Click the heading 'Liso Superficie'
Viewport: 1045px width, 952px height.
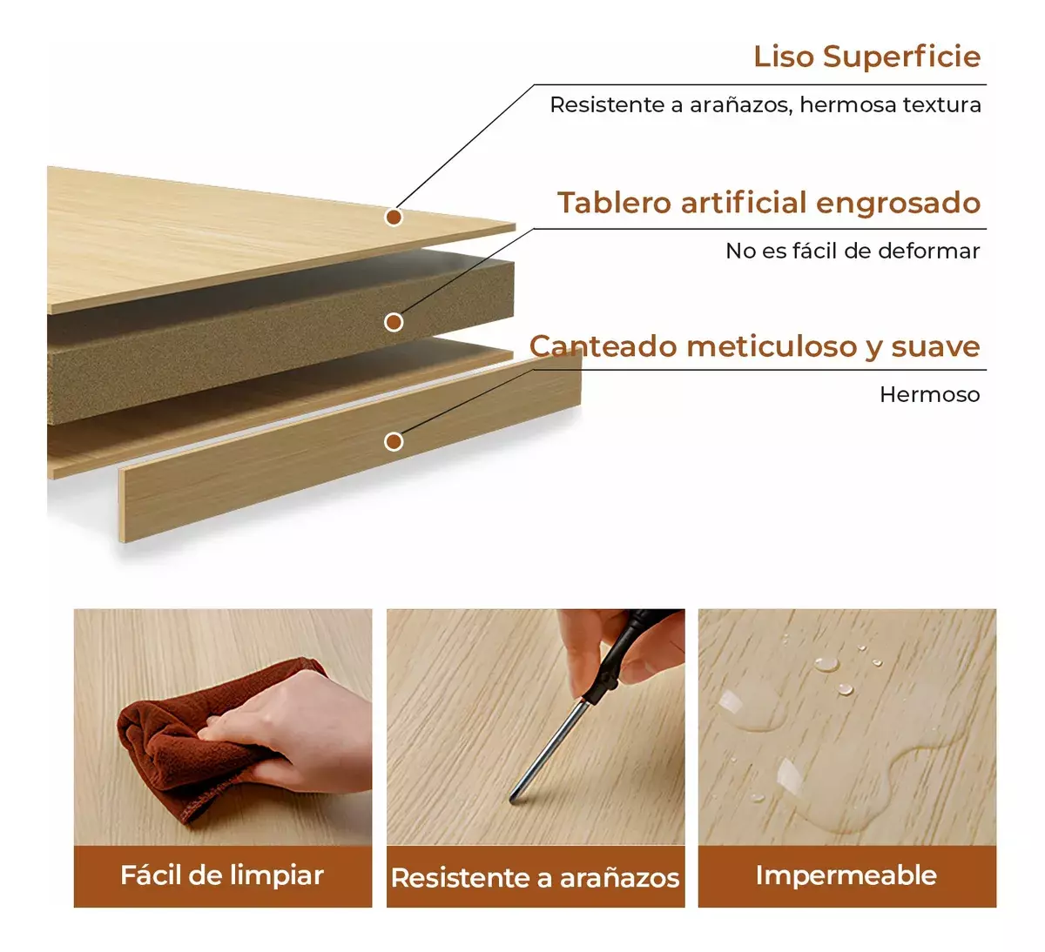[x=866, y=57]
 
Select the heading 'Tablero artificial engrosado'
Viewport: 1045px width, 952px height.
[x=769, y=203]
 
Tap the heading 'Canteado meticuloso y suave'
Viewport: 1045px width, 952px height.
[x=755, y=346]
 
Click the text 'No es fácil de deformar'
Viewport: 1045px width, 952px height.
[x=853, y=251]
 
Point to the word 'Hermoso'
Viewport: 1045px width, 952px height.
[x=930, y=395]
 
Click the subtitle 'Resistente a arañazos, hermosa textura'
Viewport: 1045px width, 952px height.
[x=765, y=105]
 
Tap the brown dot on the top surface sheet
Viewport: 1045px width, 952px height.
[x=394, y=217]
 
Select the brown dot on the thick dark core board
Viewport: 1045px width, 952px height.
[x=394, y=322]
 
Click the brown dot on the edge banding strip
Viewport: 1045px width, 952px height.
[x=394, y=442]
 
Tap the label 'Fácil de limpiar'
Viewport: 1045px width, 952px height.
[x=222, y=875]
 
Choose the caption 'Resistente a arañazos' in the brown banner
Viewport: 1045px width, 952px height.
[x=536, y=877]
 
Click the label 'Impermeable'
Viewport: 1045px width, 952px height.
[x=846, y=875]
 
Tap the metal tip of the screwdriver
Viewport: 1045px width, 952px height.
[x=513, y=797]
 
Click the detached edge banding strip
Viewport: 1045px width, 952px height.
[x=350, y=448]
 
